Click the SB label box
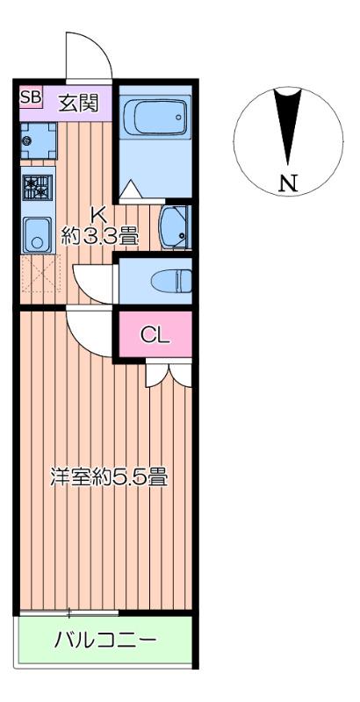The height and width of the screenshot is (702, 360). pos(31,97)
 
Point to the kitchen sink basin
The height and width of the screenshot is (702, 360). pos(37,233)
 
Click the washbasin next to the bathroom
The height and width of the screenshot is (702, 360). pos(175,228)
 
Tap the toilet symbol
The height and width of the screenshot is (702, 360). pos(173,281)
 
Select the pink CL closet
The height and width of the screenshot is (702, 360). pos(155,334)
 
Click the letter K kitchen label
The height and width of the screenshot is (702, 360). pos(99,213)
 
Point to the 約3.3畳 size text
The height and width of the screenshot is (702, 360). pos(99,234)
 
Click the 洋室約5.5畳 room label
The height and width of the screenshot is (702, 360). pos(108,479)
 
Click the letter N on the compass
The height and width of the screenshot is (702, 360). pos(287,183)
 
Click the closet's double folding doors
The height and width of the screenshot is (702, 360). pos(169,374)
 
